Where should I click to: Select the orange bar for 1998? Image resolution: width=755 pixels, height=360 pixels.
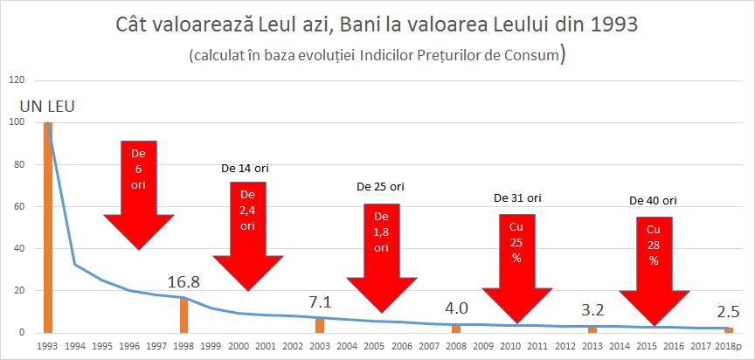[x=184, y=315]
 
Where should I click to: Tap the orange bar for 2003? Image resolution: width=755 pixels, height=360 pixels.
[x=320, y=325]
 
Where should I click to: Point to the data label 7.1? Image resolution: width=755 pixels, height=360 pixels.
[x=320, y=302]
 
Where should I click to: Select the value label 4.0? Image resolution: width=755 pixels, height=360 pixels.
[x=456, y=309]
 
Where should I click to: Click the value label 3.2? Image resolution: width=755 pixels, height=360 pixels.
[x=592, y=311]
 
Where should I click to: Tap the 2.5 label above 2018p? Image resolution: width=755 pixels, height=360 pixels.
[x=727, y=311]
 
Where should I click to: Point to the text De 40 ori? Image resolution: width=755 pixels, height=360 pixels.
[x=653, y=200]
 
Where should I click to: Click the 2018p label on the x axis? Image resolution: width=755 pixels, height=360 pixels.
[x=727, y=346]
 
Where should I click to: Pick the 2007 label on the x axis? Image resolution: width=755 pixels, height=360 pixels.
[x=428, y=346]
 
